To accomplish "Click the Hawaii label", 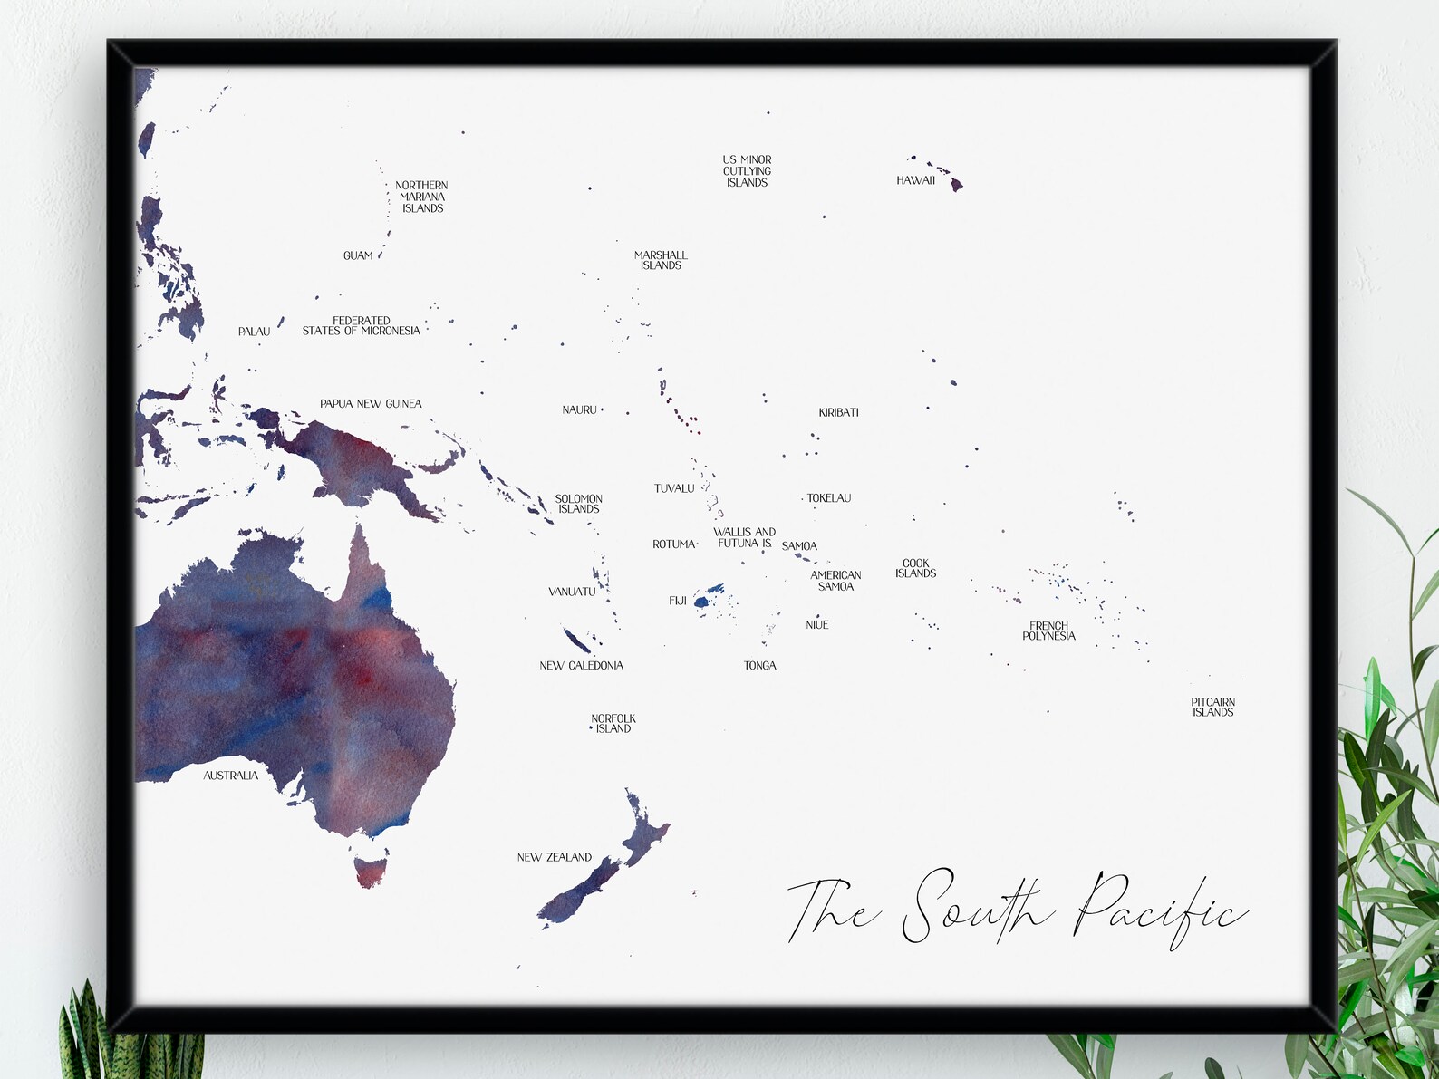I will (915, 180).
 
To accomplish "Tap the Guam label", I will (358, 255).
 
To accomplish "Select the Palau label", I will (254, 332).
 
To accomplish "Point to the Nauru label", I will (579, 410).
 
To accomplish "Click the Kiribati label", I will (838, 412).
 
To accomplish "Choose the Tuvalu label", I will (674, 488).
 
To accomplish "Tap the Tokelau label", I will (828, 498).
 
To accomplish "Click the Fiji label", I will (678, 601).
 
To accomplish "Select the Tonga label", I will (759, 665).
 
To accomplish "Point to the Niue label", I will (816, 625).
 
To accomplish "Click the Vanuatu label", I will (572, 592).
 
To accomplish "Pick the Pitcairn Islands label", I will (1212, 708).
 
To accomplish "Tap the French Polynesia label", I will (1048, 631).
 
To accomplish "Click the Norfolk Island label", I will (613, 724).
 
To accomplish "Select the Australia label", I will (230, 776).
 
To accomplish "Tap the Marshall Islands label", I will (661, 260).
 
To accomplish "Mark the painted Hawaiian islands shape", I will (951, 179).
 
